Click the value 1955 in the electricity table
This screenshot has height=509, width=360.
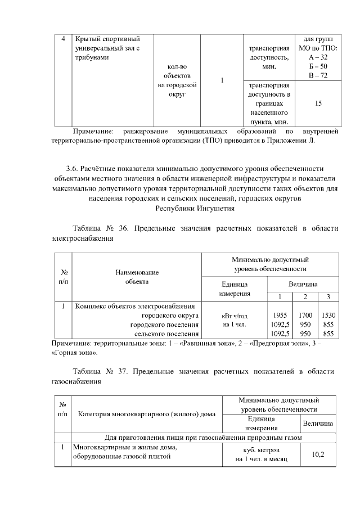(281, 316)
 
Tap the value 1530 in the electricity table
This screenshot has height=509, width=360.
(328, 316)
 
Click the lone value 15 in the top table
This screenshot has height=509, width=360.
(318, 103)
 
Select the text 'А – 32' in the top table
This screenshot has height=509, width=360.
(318, 57)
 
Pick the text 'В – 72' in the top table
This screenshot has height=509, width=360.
(318, 75)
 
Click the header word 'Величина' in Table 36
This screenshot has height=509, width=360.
(303, 284)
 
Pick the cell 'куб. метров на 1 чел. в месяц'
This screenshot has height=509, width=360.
(262, 456)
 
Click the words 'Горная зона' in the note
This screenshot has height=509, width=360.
(75, 354)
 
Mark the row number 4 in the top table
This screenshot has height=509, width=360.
(64, 39)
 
